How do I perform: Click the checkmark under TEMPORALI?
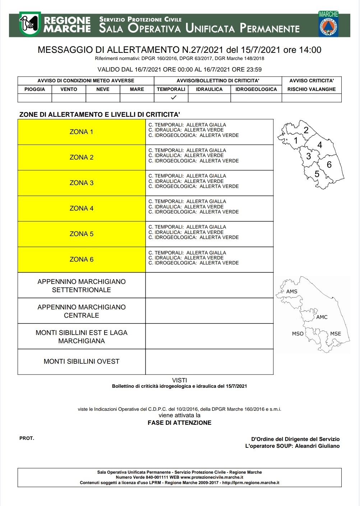click(x=174, y=97)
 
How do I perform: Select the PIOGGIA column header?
click(x=35, y=89)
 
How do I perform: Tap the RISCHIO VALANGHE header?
click(x=311, y=89)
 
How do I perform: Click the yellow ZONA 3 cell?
click(x=82, y=183)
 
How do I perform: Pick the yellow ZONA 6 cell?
click(x=82, y=259)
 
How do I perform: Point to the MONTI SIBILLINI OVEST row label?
click(x=82, y=362)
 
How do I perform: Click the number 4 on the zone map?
click(x=320, y=145)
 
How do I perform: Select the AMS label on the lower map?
click(x=292, y=291)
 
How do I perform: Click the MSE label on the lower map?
click(x=336, y=333)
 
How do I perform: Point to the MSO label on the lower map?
click(x=297, y=333)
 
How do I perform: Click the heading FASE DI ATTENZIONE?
click(x=180, y=423)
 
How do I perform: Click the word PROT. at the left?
click(x=27, y=438)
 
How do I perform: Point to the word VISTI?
click(x=180, y=380)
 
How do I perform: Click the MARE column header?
click(x=137, y=89)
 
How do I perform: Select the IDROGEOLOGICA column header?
click(x=256, y=89)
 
